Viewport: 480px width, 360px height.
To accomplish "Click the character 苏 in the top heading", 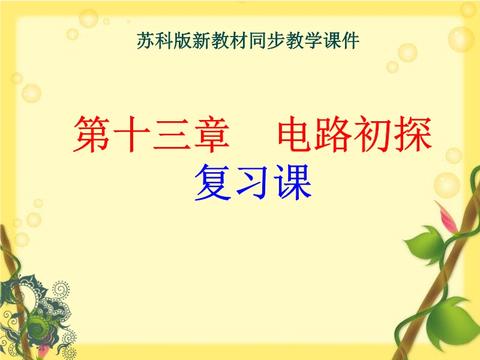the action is tap(146, 40).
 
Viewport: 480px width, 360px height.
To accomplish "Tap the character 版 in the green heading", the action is tap(183, 40).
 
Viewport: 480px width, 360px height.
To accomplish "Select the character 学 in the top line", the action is tap(313, 40).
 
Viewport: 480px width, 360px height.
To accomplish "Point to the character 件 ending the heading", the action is tap(350, 40).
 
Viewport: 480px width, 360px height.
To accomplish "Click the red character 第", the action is tap(92, 134).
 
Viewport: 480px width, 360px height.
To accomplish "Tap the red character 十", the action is tap(131, 134).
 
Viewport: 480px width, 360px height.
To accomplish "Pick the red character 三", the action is tap(172, 134).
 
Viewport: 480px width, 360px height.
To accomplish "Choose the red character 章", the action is tap(211, 134).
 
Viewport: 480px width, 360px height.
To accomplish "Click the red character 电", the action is tap(296, 134).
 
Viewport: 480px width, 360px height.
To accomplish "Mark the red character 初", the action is tap(373, 134).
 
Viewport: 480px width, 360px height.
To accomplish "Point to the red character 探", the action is tap(413, 134).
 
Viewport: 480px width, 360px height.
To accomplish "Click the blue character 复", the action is tap(214, 182).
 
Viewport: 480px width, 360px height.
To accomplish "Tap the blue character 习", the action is tap(253, 182).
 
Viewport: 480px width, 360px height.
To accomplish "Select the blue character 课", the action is tap(293, 182).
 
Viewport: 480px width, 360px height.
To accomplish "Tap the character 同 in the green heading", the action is tap(257, 40).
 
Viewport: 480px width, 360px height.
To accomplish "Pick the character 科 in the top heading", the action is tap(164, 40).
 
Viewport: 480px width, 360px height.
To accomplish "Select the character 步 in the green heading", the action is tap(276, 40).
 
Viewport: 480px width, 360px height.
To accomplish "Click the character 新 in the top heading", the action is tap(202, 40).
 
